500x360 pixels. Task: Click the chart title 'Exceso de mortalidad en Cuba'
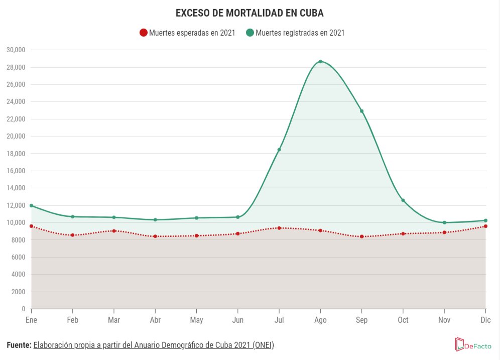[x=249, y=13]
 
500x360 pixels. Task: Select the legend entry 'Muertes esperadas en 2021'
[x=187, y=33]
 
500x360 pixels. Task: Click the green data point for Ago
[x=320, y=62]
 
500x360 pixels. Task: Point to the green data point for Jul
[x=279, y=150]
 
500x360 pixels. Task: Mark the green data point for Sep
[x=361, y=111]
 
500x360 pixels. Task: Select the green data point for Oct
[x=403, y=200]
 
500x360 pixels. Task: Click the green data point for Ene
[x=32, y=205]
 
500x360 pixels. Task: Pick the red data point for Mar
[x=114, y=231]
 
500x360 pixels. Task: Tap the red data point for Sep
[x=361, y=236]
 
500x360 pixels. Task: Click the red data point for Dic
[x=485, y=226]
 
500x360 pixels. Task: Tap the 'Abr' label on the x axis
[x=155, y=320]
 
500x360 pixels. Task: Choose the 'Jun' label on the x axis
[x=238, y=320]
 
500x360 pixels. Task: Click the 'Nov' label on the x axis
[x=444, y=320]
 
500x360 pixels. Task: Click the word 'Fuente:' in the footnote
[x=19, y=345]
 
